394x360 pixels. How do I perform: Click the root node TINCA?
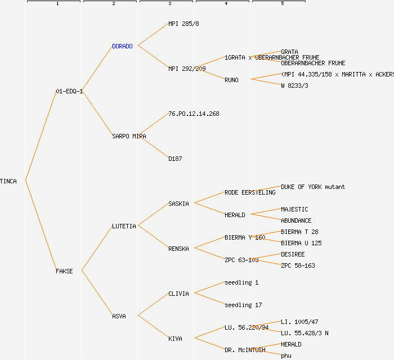[x=8, y=181]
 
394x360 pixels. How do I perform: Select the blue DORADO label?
[x=122, y=46]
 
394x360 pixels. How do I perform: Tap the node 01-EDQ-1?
[x=69, y=91]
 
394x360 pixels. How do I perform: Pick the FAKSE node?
[x=64, y=271]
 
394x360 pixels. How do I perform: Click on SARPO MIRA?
[x=129, y=136]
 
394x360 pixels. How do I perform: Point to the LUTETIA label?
[x=124, y=226]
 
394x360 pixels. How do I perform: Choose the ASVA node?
[x=119, y=316]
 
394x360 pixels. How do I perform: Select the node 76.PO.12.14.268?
[x=194, y=114]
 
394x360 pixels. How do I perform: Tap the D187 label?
[x=175, y=159]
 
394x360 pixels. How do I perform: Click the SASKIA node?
[x=178, y=204]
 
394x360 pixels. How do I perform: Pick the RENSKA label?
[x=178, y=249]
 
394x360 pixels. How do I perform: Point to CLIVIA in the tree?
[x=178, y=294]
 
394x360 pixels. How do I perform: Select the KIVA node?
[x=175, y=339]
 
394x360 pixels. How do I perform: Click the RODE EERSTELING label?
[x=250, y=192]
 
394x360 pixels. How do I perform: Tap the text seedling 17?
[x=243, y=305]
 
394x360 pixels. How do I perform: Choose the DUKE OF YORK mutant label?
[x=313, y=187]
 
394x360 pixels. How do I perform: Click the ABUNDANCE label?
[x=296, y=220]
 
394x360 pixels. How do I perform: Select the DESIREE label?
[x=293, y=254]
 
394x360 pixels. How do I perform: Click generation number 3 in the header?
[x=169, y=4]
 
